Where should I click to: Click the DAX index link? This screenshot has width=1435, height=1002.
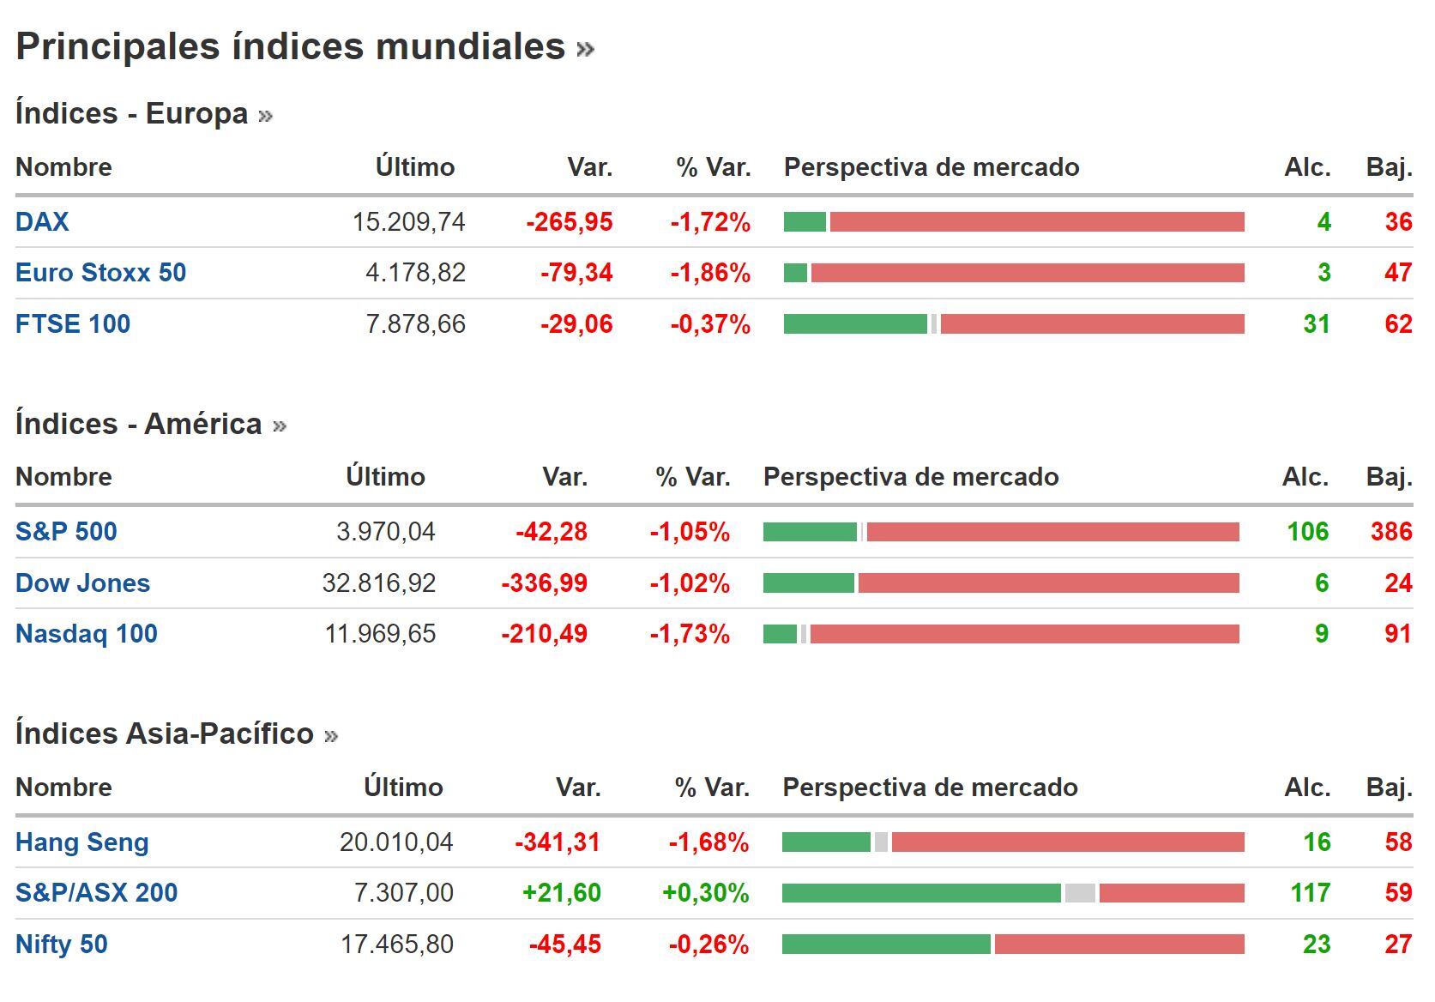click(x=42, y=222)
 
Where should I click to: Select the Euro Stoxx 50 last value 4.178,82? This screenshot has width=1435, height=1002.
click(x=415, y=273)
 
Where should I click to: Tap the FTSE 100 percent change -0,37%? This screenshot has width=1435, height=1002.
click(x=710, y=324)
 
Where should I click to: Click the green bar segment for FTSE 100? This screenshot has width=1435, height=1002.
click(x=855, y=324)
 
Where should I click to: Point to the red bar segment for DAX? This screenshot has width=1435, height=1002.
click(x=1036, y=222)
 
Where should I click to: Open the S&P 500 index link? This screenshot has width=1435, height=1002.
click(x=66, y=532)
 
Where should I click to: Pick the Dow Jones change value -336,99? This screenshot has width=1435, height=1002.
click(x=545, y=583)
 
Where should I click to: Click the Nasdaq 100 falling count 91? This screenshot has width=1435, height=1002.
click(x=1397, y=634)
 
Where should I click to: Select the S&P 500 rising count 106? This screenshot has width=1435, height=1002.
click(x=1307, y=532)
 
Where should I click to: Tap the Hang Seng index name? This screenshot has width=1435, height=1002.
click(x=82, y=842)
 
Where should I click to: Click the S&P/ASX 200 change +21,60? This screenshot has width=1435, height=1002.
click(x=562, y=893)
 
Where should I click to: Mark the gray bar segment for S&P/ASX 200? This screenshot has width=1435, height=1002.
click(x=1080, y=893)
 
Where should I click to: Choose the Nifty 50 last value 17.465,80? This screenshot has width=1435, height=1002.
click(x=397, y=945)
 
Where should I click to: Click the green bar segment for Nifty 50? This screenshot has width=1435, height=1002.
click(x=886, y=945)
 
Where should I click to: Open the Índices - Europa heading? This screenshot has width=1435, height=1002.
click(x=132, y=113)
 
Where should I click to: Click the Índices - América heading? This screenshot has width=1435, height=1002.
click(x=139, y=424)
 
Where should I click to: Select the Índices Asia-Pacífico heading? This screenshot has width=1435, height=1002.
click(x=165, y=733)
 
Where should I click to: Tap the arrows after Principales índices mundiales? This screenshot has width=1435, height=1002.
click(x=586, y=49)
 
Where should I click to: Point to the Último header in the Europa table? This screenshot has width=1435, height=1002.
click(x=415, y=167)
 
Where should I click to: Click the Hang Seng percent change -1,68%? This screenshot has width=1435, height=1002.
click(x=708, y=842)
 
